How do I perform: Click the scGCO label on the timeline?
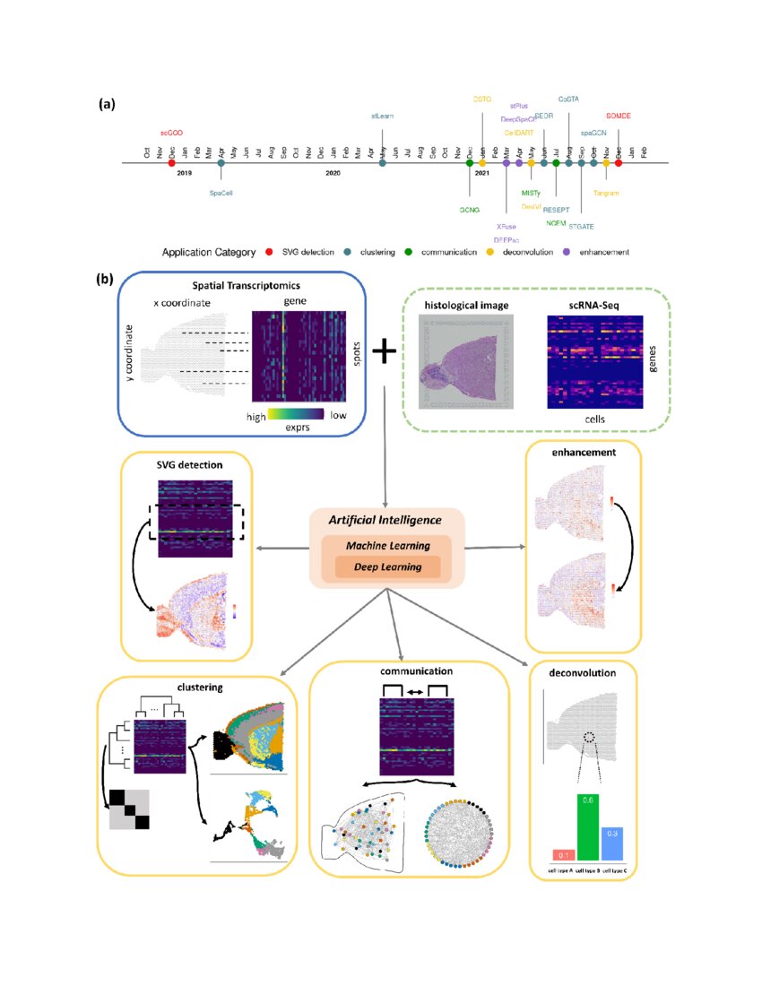coord(171,133)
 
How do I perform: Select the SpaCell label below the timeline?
coord(221,192)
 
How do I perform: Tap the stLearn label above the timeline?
coord(383,117)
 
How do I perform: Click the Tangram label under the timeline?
coord(607,192)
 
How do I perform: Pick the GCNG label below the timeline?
coord(470,210)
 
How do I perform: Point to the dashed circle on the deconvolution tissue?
coord(587,738)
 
